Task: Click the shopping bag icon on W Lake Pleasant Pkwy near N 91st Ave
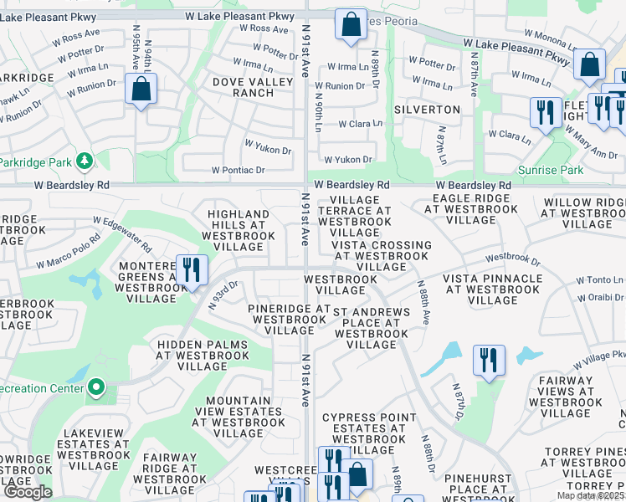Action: tap(351, 25)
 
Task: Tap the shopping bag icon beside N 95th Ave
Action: tap(141, 90)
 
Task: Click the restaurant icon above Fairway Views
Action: tap(489, 361)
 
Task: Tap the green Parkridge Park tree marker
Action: tap(83, 161)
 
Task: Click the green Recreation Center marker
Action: tap(96, 387)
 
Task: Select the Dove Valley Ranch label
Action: tap(243, 87)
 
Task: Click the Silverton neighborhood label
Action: tap(434, 110)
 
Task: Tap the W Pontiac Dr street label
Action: tap(238, 170)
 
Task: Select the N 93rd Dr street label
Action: tap(223, 295)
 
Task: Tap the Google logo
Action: tap(28, 492)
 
